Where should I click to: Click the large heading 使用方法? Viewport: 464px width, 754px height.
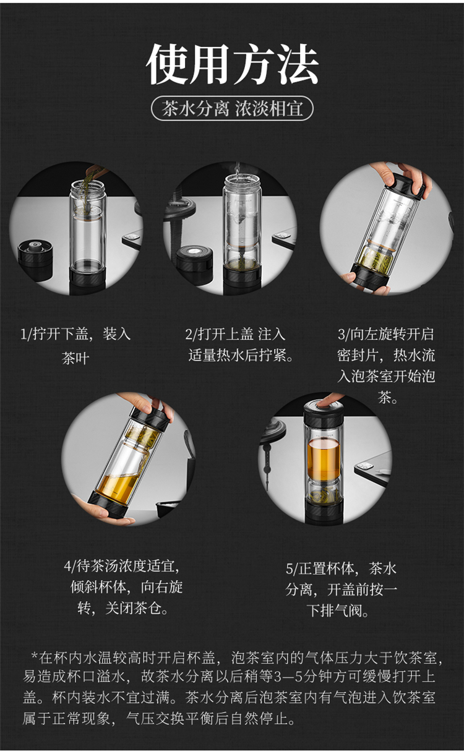tap(233, 64)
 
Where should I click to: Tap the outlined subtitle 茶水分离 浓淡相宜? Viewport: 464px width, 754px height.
tap(233, 109)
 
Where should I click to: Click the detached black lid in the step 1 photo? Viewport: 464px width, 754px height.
tap(35, 260)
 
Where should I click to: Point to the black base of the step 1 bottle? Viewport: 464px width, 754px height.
tap(88, 280)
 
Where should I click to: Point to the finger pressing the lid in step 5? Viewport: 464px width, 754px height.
tap(332, 400)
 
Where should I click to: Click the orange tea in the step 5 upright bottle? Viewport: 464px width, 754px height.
tap(324, 458)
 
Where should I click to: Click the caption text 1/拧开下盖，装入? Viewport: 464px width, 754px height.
tap(75, 334)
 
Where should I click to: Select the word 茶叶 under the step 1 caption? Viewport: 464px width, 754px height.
tap(75, 358)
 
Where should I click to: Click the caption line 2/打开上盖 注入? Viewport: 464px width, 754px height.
tap(235, 334)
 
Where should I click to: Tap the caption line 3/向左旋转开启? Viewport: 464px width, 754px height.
tap(386, 334)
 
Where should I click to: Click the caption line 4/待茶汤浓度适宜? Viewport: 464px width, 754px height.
tap(122, 567)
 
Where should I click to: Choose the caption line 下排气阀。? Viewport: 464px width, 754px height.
tap(338, 611)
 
